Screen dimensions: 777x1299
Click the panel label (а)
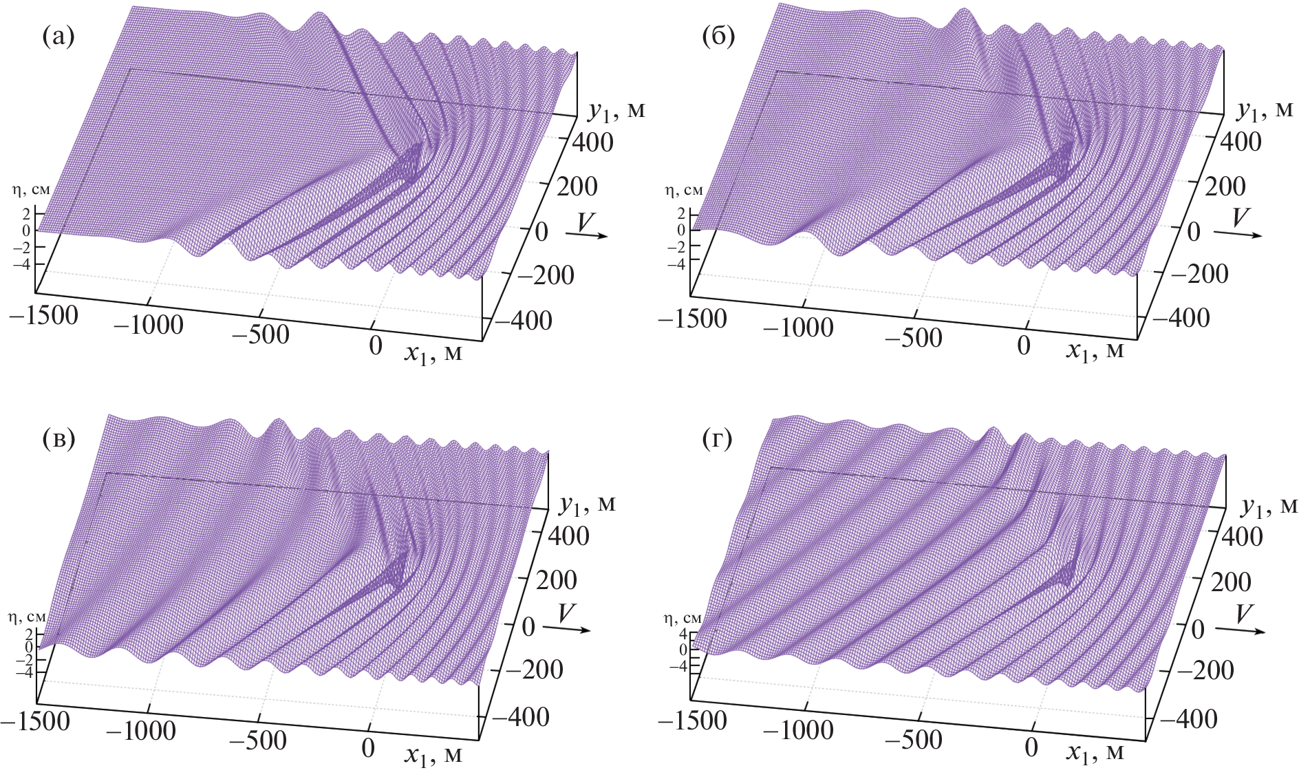(58, 36)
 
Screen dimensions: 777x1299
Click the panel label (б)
(718, 36)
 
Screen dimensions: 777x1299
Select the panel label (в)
(58, 439)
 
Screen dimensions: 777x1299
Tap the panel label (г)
(718, 439)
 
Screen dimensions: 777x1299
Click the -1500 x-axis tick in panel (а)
(44, 315)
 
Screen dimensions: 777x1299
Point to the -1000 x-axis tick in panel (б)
(798, 328)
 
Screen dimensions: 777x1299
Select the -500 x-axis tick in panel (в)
(258, 741)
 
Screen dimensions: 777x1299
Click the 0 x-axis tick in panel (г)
(1031, 747)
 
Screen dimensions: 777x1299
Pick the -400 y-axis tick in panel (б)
(1181, 318)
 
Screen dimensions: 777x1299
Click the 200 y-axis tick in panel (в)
(557, 580)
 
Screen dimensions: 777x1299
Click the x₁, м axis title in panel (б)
(1095, 351)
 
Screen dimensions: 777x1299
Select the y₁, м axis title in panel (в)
(586, 505)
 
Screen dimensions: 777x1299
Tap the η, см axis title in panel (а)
(30, 190)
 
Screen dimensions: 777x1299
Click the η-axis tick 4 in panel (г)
(683, 634)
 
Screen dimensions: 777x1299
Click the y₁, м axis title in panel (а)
(616, 110)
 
